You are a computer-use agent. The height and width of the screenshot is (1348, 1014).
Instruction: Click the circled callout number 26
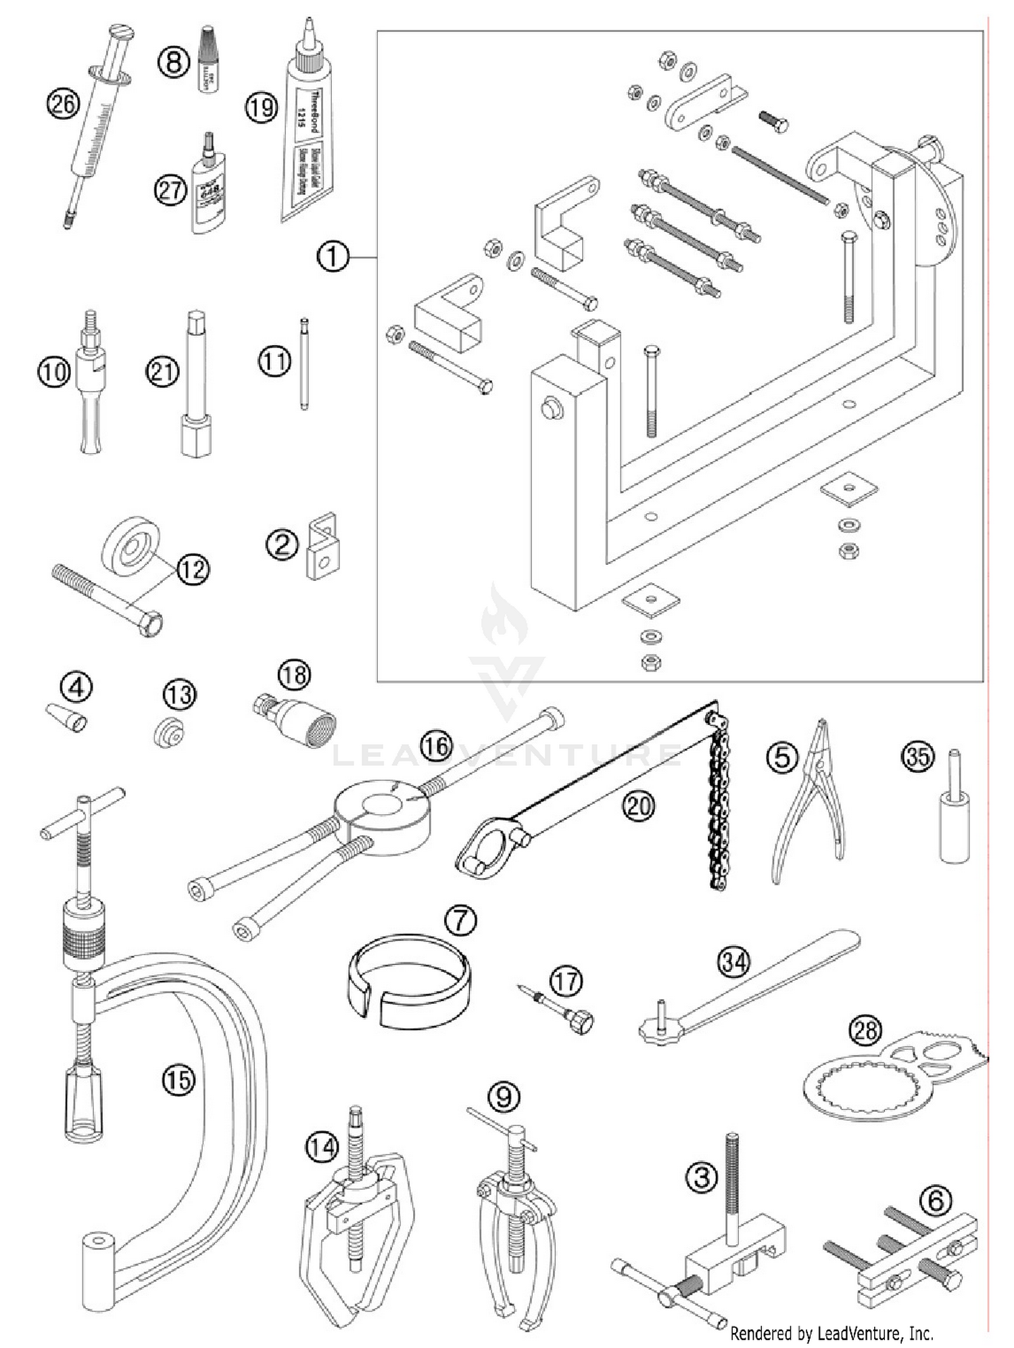(x=63, y=103)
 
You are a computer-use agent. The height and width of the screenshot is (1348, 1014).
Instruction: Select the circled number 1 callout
(x=333, y=257)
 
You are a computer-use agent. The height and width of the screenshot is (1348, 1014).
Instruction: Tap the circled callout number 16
(x=436, y=746)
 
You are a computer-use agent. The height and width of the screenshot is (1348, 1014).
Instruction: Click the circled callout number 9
(x=504, y=1096)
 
